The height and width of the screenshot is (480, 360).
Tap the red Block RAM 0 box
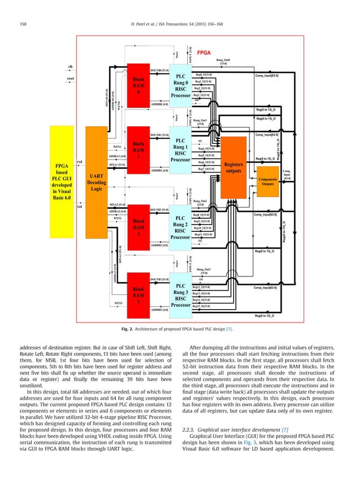click(138, 87)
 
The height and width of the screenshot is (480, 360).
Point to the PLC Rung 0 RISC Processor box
click(181, 87)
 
